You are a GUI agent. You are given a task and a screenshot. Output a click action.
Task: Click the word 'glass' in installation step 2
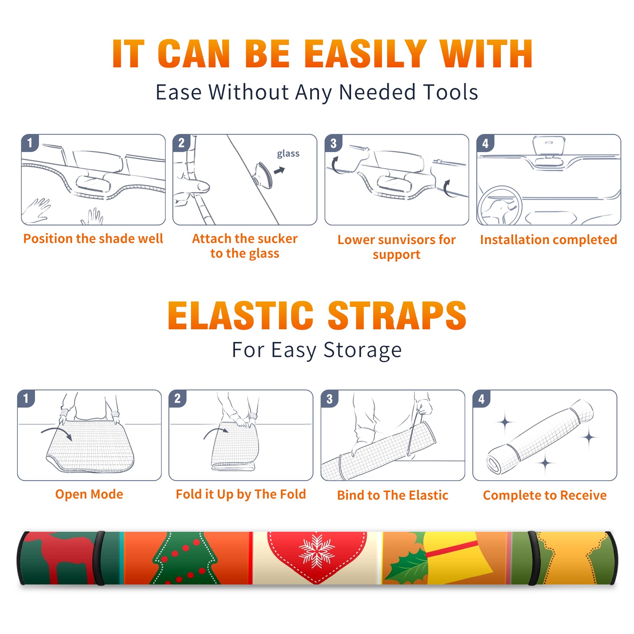[288, 154]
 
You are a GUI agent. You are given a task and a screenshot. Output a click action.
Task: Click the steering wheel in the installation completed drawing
[500, 206]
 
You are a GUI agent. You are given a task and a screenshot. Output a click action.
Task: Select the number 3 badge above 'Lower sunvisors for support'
[333, 143]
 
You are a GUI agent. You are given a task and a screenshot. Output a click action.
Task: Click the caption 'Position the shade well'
[93, 239]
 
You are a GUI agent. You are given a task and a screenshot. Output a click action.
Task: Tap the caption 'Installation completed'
[548, 240]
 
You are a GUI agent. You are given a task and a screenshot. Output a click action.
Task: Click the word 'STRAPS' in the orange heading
[397, 315]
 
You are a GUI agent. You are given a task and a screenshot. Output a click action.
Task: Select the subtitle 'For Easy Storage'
[317, 350]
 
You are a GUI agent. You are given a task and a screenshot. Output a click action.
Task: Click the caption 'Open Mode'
[89, 494]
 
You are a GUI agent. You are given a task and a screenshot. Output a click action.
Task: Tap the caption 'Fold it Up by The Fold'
[241, 494]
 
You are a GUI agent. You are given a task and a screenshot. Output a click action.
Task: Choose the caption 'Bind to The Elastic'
[393, 495]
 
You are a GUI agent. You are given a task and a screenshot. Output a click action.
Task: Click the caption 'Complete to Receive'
[545, 495]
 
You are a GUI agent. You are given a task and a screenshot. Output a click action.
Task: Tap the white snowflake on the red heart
[317, 551]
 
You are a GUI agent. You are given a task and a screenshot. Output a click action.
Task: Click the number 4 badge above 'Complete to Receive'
[481, 399]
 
